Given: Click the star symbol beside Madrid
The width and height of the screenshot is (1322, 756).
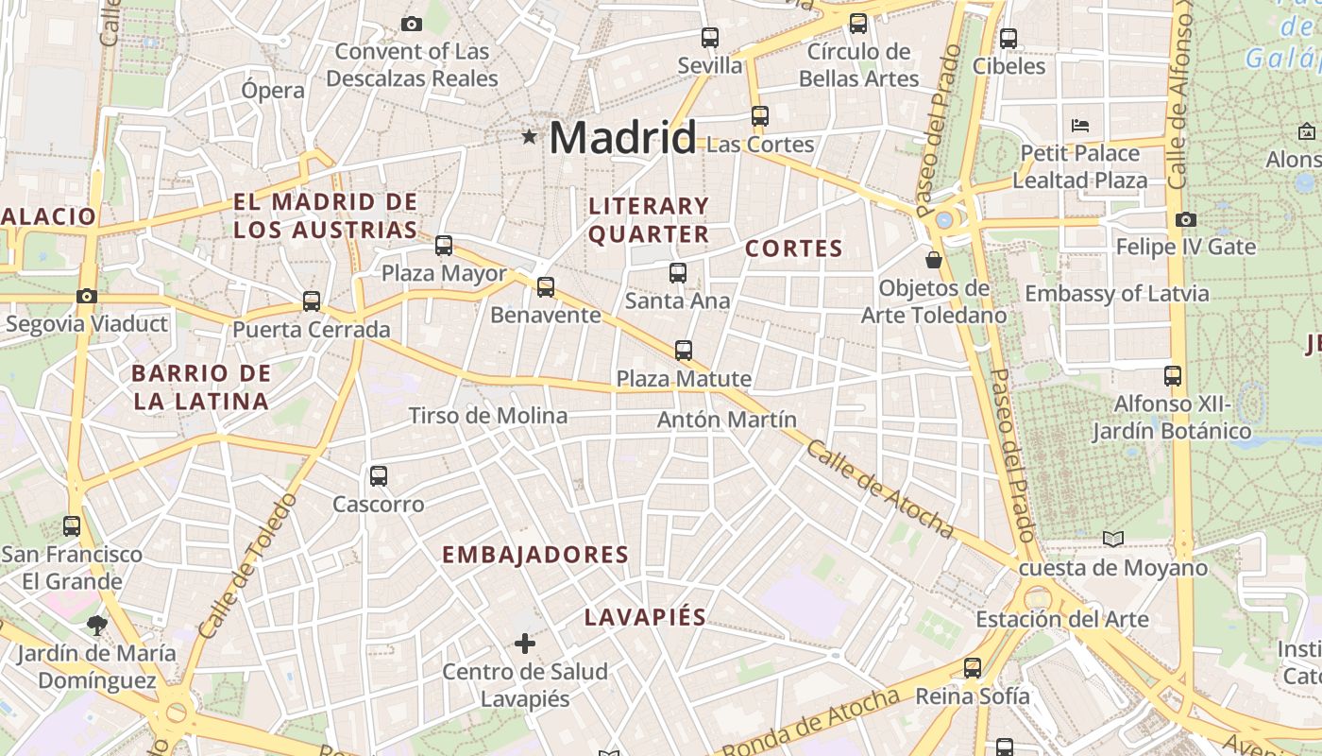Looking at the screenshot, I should coord(529,138).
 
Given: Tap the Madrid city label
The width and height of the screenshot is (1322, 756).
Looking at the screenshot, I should coord(622,138).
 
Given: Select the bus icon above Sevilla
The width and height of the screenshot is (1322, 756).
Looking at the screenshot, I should coord(710,38).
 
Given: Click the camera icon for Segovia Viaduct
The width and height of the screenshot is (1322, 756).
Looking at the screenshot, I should coord(87,296).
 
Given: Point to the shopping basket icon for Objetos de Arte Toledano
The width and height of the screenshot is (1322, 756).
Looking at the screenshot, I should coord(934,259).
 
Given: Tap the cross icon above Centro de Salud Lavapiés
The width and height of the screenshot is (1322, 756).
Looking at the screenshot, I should coord(525,644).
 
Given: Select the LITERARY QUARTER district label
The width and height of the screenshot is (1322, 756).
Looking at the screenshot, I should coord(649,220).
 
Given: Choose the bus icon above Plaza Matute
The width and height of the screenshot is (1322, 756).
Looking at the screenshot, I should coord(684,351).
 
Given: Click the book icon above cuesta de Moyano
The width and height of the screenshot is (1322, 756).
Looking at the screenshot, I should coord(1113,539).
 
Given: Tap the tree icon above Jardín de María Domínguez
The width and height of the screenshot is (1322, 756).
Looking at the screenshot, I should coord(96,624).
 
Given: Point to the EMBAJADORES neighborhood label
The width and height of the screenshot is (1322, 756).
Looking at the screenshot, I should coord(535,555).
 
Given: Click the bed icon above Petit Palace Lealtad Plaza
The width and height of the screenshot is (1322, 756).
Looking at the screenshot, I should coord(1080,125).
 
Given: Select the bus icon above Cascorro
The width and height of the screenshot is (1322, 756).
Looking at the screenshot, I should coord(379,475).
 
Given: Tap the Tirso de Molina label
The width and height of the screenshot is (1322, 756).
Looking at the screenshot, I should coord(488,416).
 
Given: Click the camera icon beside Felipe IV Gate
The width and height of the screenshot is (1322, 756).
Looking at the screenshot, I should coord(1186,220).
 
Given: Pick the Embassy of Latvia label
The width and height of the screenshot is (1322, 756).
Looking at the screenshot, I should coord(1117,294).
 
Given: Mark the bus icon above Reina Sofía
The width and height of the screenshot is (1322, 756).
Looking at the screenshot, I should coord(973,668).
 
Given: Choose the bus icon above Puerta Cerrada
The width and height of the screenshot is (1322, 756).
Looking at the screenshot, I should coord(312,301).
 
